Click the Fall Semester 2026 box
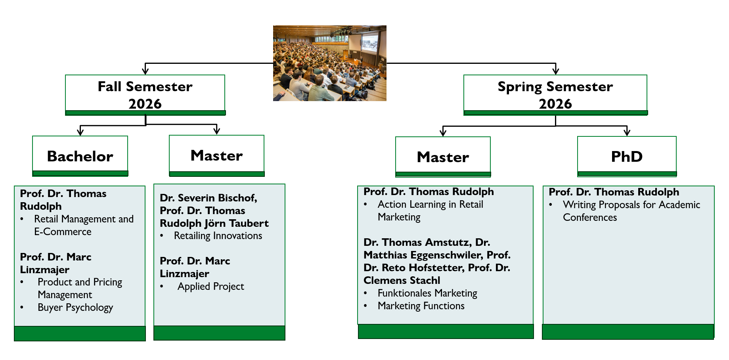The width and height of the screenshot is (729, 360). pos(145,95)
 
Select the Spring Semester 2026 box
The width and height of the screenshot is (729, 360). pos(555,95)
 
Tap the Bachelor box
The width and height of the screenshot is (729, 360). pos(80,156)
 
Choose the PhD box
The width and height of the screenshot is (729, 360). pos(627,156)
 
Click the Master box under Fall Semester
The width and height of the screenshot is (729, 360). pos(216,155)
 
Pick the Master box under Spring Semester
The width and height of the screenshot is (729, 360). pos(443,157)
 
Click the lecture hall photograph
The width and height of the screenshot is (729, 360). pos(329,63)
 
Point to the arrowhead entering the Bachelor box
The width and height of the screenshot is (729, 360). pos(80,131)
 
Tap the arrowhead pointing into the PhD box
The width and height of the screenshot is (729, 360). pos(627,132)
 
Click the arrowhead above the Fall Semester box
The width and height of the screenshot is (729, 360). pos(145,70)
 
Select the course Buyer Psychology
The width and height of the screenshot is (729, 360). pos(75,308)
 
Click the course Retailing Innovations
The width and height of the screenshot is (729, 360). pos(218,236)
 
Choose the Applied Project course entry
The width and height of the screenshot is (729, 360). pos(211,287)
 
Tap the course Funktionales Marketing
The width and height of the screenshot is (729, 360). pos(427,293)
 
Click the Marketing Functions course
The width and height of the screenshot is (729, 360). pos(421,306)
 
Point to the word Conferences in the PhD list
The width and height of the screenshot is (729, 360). pos(590,217)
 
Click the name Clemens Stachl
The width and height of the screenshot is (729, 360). pos(402,280)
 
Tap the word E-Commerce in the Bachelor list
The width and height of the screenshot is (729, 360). pos(63,232)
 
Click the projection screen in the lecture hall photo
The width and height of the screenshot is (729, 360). pos(370,42)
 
